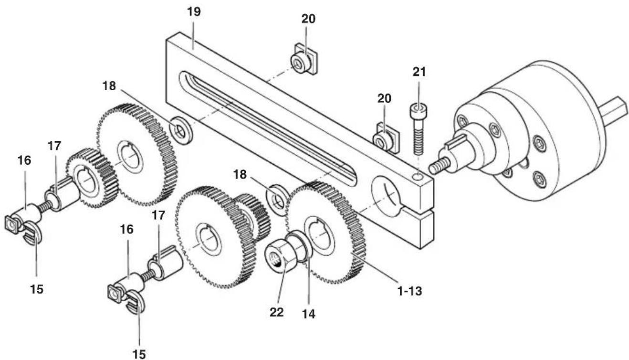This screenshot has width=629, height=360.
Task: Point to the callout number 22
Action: (x=277, y=312)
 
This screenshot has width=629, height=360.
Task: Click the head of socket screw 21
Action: (x=418, y=110)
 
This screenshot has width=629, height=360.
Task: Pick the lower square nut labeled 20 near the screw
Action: (x=385, y=138)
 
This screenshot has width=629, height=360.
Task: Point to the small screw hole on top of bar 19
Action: (x=419, y=177)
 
